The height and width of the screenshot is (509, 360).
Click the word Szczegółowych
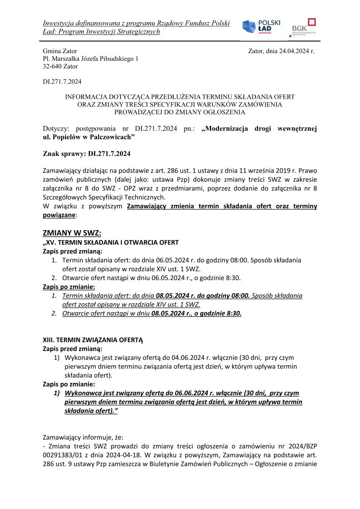[65, 197]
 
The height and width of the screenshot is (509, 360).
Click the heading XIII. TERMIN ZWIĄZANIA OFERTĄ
[92, 339]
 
